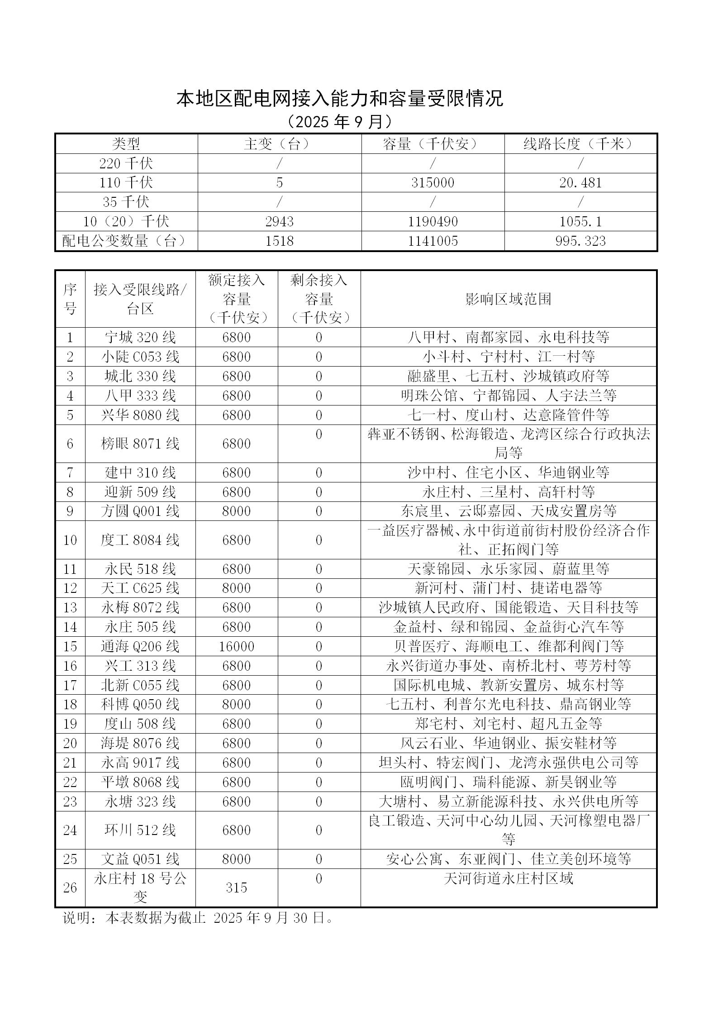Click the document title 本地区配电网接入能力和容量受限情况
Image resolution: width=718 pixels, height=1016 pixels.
[339, 99]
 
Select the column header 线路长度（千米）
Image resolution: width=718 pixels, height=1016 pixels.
[580, 144]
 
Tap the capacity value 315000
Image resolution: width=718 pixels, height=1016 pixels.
[433, 183]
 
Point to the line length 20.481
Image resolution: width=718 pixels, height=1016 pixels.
[580, 183]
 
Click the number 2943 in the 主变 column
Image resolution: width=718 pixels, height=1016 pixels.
[279, 222]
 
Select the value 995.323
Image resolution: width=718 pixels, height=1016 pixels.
[580, 241]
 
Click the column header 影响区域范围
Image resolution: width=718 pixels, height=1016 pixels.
[508, 299]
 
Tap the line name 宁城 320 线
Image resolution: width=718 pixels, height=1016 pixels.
[140, 338]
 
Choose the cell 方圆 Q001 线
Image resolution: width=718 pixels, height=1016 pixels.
[140, 511]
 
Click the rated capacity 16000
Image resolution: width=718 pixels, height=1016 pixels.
[236, 647]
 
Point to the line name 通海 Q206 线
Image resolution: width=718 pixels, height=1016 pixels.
[140, 647]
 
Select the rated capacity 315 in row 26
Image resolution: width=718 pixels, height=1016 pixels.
[236, 888]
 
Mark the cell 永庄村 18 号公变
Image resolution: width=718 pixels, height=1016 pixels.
[140, 888]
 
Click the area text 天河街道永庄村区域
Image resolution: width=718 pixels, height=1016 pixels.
[508, 879]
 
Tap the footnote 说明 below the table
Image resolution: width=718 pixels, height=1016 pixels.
[198, 918]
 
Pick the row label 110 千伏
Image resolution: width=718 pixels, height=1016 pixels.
[126, 183]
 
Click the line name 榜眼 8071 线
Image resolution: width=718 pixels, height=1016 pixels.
[140, 444]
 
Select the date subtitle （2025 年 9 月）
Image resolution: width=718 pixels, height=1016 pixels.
[339, 121]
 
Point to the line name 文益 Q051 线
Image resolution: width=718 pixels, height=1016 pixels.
[140, 859]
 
